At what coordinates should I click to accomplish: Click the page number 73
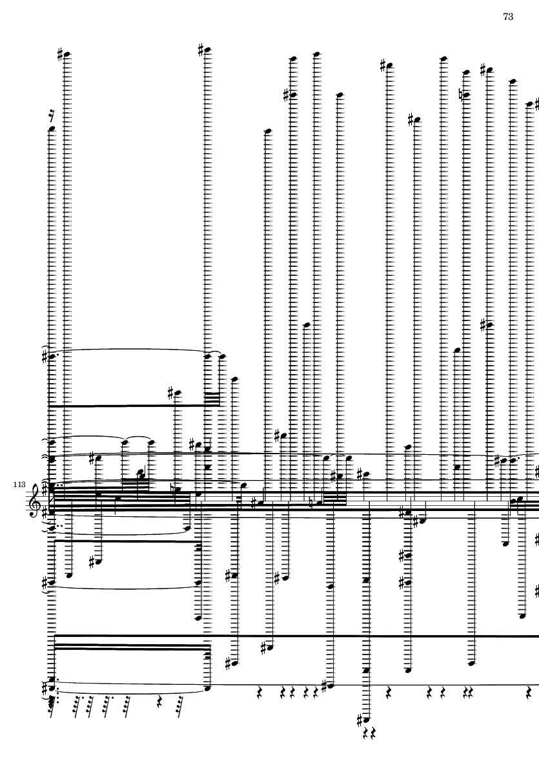(508, 17)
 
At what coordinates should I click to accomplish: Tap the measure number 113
(19, 485)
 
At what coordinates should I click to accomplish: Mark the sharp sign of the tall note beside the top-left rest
(60, 54)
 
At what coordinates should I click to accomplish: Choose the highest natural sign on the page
(462, 94)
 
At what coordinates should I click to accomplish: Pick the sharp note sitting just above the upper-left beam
(178, 393)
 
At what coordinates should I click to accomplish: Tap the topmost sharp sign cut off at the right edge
(536, 103)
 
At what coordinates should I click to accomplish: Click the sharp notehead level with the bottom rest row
(329, 686)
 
